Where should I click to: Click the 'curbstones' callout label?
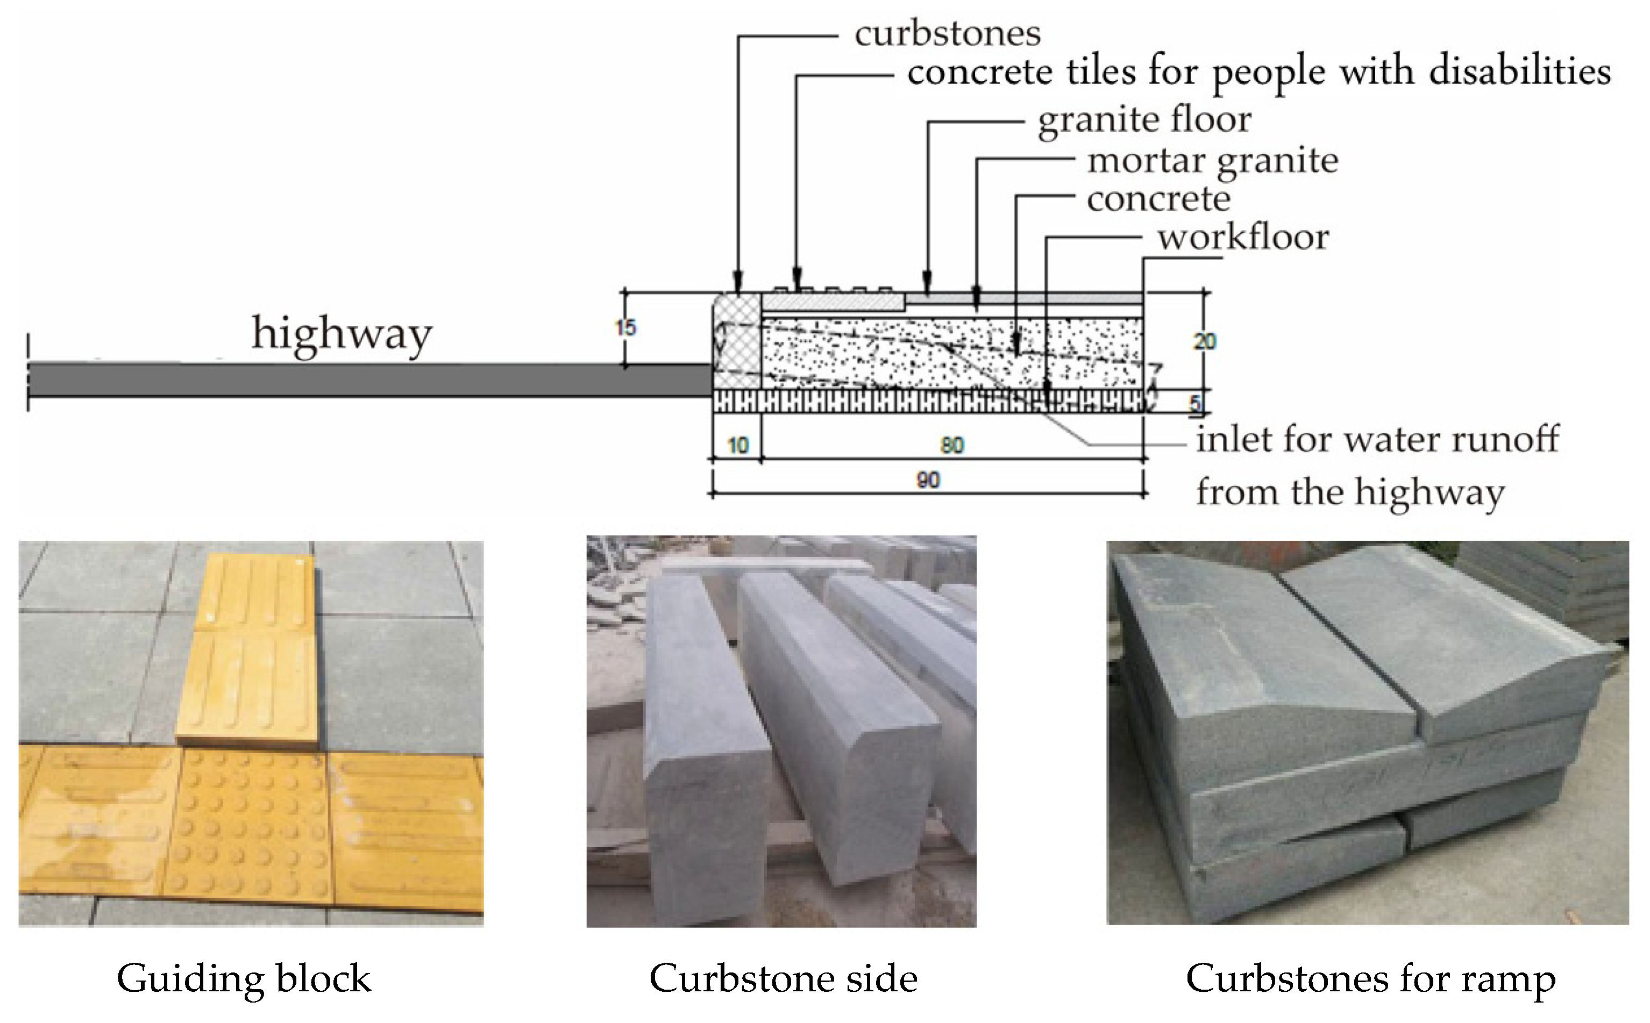coord(947,34)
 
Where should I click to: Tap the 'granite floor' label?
coord(1144,120)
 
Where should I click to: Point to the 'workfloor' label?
coord(1242,238)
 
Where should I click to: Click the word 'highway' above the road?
coord(341,333)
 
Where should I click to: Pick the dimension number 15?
coord(625,328)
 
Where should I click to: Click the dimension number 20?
coord(1204,341)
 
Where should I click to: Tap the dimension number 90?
coord(928,481)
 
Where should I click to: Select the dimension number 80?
coord(951,445)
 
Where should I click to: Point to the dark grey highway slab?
coord(366,380)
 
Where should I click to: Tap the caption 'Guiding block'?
coord(244,978)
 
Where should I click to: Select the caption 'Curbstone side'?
coord(783,978)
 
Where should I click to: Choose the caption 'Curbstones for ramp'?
coord(1370,978)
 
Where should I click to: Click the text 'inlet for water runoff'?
coord(1377,440)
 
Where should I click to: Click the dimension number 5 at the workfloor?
coord(1195,404)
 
